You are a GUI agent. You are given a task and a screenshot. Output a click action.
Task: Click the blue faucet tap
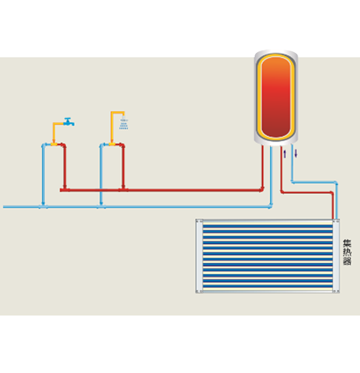coord(69,122)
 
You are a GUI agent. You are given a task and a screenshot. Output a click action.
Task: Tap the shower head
coord(123,123)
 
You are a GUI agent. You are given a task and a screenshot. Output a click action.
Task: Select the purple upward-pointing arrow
coord(285,154)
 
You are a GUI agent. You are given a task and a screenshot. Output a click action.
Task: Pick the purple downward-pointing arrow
coord(296,154)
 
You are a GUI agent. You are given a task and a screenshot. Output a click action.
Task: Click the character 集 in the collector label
coord(347,244)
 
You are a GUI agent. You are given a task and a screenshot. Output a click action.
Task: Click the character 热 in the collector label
coord(347,252)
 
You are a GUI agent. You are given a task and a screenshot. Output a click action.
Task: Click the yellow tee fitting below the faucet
coord(54,144)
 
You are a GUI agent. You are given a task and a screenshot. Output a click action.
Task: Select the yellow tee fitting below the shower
coord(112,144)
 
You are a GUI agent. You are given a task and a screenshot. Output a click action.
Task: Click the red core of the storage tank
coord(276,97)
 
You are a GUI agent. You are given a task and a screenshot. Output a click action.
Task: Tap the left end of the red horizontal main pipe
coord(61,190)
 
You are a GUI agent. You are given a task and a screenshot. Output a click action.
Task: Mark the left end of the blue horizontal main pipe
coord(4,207)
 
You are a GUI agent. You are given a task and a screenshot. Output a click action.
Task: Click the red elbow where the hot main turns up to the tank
coord(262,190)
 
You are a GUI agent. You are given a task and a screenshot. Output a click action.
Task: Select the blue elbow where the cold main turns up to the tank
coord(270,206)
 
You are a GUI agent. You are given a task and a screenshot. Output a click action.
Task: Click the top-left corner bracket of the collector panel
coord(199,221)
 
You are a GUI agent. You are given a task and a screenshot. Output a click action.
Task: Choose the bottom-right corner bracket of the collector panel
coord(336,291)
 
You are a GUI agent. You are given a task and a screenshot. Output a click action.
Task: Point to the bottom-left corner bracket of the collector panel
coord(199,291)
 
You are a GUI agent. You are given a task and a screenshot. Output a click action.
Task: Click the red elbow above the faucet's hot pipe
coord(64,145)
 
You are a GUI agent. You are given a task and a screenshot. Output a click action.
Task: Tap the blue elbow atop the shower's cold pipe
coord(102,145)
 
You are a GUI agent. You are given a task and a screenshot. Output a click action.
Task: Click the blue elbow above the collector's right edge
coord(336,183)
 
